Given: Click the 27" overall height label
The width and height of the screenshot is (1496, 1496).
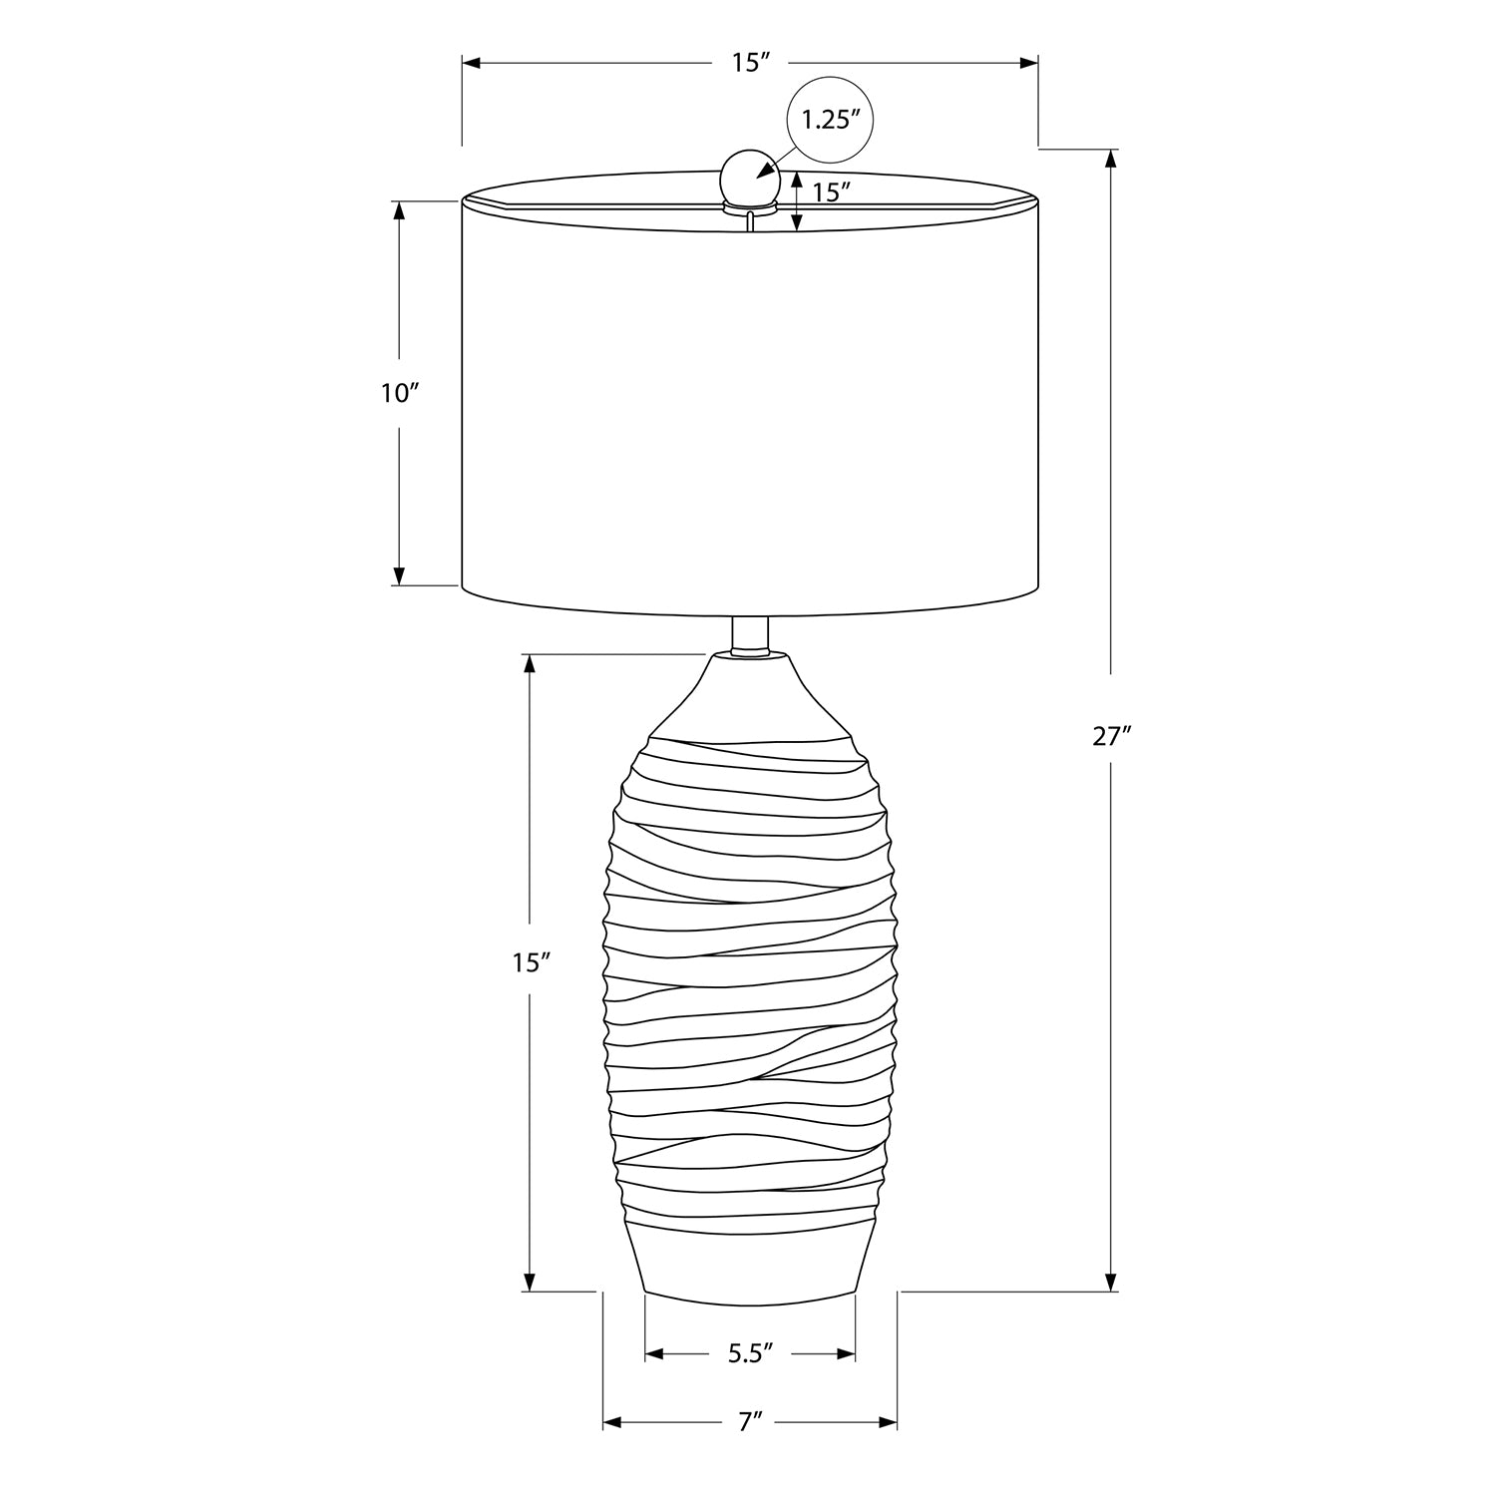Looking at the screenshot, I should (1111, 737).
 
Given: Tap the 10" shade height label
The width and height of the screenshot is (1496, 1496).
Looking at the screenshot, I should (398, 393).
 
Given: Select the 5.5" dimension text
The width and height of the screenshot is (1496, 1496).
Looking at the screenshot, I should (750, 1353).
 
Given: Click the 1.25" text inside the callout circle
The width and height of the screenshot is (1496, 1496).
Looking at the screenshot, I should (831, 120).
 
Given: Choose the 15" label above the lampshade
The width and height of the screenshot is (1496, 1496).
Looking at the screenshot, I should (751, 63).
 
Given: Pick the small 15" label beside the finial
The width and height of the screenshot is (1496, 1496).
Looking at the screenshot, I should (830, 192).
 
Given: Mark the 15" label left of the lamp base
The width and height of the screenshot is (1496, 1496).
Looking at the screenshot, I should (532, 962).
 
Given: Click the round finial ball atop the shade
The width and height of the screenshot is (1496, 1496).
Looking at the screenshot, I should (744, 179).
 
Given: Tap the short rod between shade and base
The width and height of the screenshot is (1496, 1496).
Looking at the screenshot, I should (749, 635).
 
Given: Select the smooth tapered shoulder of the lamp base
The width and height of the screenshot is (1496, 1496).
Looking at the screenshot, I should (750, 698).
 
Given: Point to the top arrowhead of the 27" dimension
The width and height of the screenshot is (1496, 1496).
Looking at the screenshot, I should (1111, 158).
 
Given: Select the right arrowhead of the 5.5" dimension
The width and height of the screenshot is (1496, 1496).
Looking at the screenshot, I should (847, 1353).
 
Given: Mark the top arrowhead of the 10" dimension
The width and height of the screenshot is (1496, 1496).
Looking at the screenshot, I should (399, 210).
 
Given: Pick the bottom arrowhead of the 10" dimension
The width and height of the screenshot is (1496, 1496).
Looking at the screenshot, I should (399, 576).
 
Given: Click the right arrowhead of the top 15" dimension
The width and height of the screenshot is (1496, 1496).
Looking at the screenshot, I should (1029, 63).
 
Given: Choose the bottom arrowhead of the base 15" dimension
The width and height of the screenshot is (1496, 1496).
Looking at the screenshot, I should (531, 1282).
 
